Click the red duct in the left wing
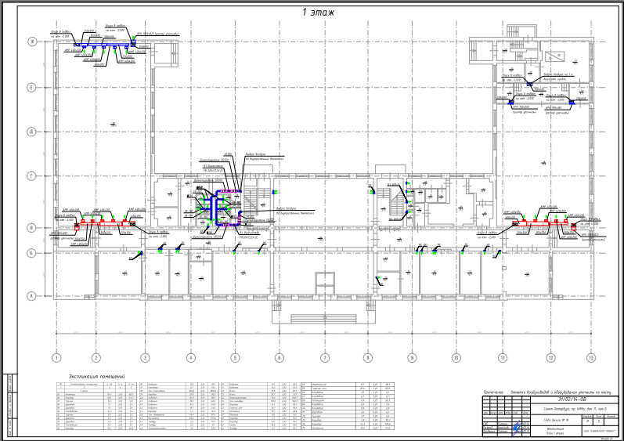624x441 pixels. [x=102, y=223]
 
